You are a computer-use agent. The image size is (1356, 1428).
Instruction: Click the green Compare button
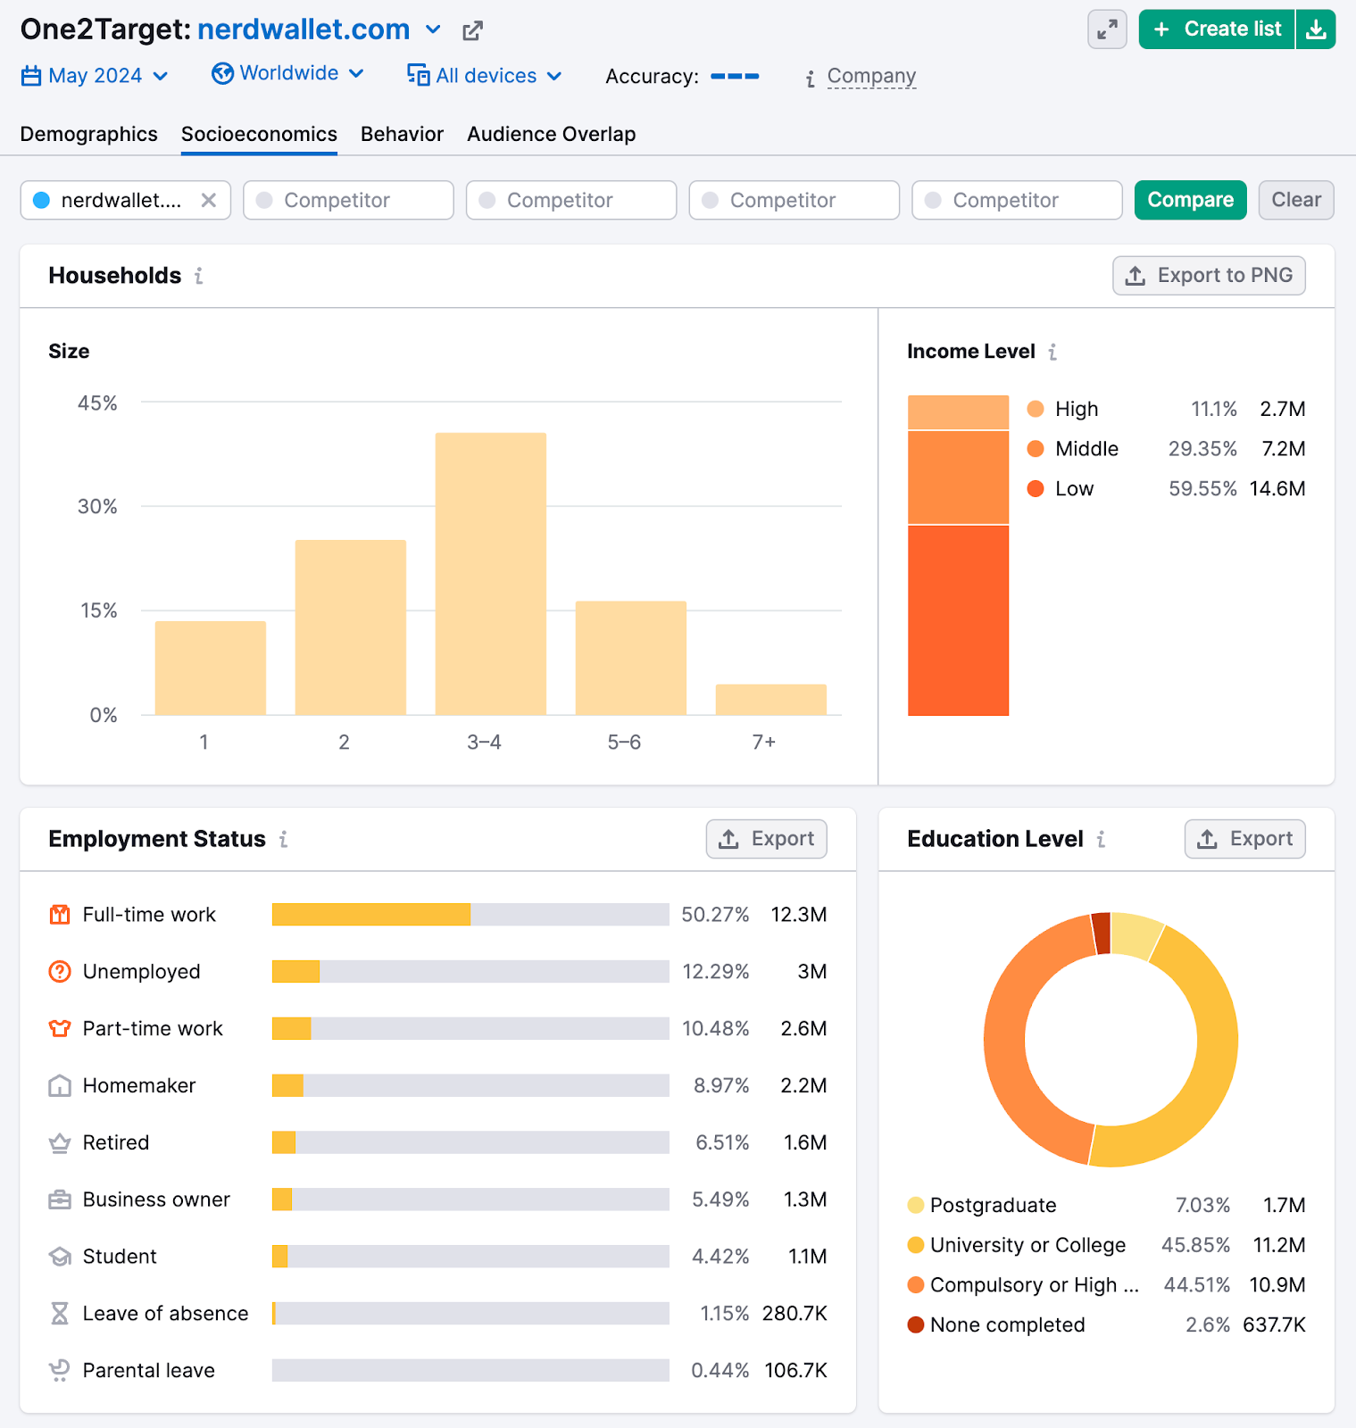pyautogui.click(x=1190, y=200)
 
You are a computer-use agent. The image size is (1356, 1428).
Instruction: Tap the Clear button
pyautogui.click(x=1295, y=200)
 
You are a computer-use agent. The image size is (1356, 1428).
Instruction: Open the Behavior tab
pyautogui.click(x=402, y=134)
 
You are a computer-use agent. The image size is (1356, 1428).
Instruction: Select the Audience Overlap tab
pyautogui.click(x=551, y=134)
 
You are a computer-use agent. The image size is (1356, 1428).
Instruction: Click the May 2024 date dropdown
pyautogui.click(x=95, y=76)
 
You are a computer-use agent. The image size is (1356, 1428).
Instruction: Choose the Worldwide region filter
pyautogui.click(x=287, y=73)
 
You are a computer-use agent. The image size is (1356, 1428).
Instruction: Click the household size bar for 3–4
pyautogui.click(x=490, y=573)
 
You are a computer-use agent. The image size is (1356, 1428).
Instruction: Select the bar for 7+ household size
pyautogui.click(x=770, y=699)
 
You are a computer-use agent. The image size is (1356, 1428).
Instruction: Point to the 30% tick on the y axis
pyautogui.click(x=97, y=507)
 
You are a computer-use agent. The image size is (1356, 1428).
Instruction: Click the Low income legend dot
pyautogui.click(x=1036, y=488)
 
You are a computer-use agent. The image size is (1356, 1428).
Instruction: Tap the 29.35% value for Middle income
pyautogui.click(x=1202, y=449)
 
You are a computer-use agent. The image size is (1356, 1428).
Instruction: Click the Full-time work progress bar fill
pyautogui.click(x=370, y=915)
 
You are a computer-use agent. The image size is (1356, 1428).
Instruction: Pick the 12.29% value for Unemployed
pyautogui.click(x=715, y=972)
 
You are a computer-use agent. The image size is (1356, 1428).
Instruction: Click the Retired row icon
pyautogui.click(x=60, y=1143)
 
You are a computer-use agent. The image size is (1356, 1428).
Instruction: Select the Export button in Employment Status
pyautogui.click(x=766, y=839)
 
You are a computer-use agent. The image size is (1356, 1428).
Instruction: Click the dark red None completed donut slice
pyautogui.click(x=1102, y=934)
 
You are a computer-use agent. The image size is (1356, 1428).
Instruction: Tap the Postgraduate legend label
pyautogui.click(x=993, y=1206)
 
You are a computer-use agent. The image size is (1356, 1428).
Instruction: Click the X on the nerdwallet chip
pyautogui.click(x=209, y=200)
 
